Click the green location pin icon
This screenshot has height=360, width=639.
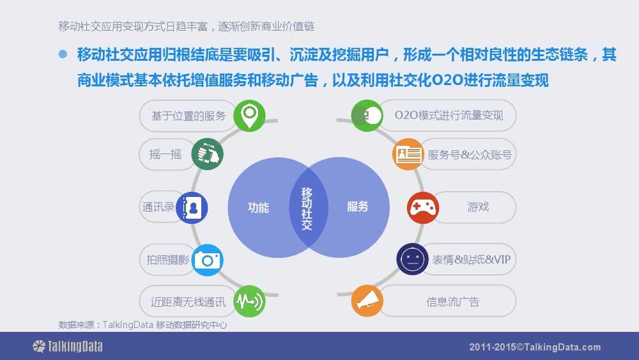[249, 116]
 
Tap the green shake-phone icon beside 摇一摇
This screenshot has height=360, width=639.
[208, 154]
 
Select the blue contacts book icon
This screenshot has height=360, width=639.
[192, 208]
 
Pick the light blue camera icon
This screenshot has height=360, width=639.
[208, 260]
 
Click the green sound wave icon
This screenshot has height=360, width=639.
[249, 301]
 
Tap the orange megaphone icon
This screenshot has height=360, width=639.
[367, 301]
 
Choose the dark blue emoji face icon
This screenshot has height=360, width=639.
[412, 260]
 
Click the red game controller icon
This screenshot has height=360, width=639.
[423, 208]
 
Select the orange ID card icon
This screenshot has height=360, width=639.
[408, 154]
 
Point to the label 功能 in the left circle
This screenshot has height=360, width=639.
[258, 208]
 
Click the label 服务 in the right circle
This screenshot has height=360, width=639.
[357, 207]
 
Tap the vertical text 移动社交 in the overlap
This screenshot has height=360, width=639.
[307, 208]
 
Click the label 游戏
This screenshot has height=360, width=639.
[478, 207]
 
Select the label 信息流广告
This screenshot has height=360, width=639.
[453, 302]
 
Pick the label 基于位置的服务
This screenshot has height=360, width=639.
[189, 116]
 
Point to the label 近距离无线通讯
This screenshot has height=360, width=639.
[188, 302]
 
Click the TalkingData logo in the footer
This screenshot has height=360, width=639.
[68, 347]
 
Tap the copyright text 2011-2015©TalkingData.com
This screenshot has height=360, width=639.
[535, 347]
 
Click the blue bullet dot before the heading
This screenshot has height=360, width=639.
[63, 54]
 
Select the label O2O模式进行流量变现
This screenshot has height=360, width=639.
[449, 115]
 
